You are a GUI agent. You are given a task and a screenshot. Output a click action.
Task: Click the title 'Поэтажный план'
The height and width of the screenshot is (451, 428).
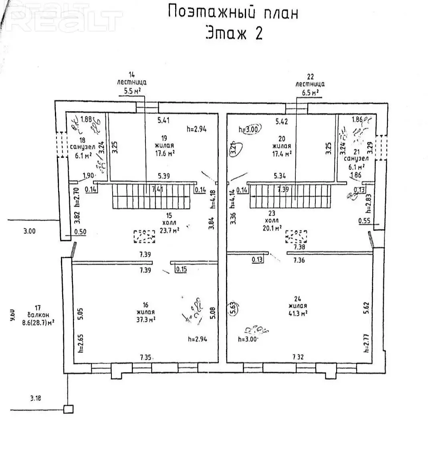point(233,12)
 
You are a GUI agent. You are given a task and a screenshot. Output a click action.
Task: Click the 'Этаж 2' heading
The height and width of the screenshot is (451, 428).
point(234,33)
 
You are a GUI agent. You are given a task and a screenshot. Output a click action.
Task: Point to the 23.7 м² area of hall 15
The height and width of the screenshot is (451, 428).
point(169,230)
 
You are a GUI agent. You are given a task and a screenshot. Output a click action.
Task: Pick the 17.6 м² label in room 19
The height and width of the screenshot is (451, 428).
point(165,153)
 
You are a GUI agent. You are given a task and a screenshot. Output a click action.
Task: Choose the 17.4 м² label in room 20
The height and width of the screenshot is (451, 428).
point(281,153)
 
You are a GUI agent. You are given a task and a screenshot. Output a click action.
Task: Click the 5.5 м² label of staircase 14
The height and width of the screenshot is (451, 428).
point(131,91)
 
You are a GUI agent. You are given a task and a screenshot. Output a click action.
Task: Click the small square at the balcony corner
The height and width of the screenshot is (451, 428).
point(69,409)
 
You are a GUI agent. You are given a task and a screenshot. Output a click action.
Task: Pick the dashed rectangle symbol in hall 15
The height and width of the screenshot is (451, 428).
point(145,237)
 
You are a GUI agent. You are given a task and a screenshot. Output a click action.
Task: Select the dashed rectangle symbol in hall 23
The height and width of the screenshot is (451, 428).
point(296,237)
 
